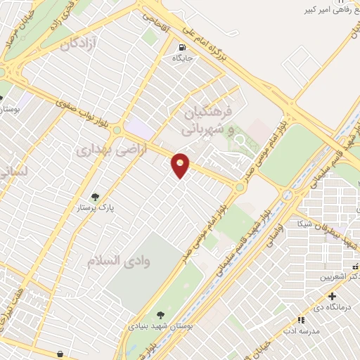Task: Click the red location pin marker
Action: [181, 165]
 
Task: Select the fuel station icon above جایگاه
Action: [182, 48]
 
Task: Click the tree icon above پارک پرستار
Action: [96, 198]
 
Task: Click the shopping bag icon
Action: [60, 354]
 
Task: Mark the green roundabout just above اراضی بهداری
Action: [117, 130]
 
